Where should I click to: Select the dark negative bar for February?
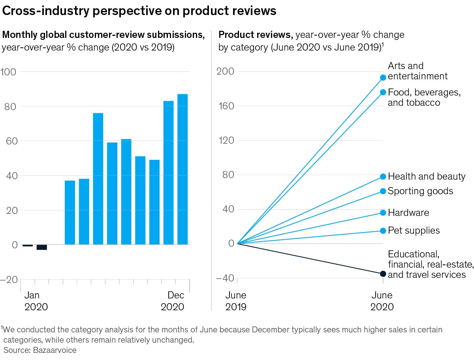point(41,247)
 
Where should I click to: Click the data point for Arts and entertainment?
point(383,78)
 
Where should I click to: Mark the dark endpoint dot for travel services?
point(383,274)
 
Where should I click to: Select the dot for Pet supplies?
point(383,231)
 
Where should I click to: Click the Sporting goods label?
point(420,191)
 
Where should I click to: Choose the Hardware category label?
point(408,213)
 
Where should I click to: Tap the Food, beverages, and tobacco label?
point(424,97)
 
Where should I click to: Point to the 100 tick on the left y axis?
point(8,72)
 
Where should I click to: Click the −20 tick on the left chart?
point(8,279)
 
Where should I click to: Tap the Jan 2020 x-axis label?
point(36,301)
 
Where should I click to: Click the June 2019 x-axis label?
point(236,301)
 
